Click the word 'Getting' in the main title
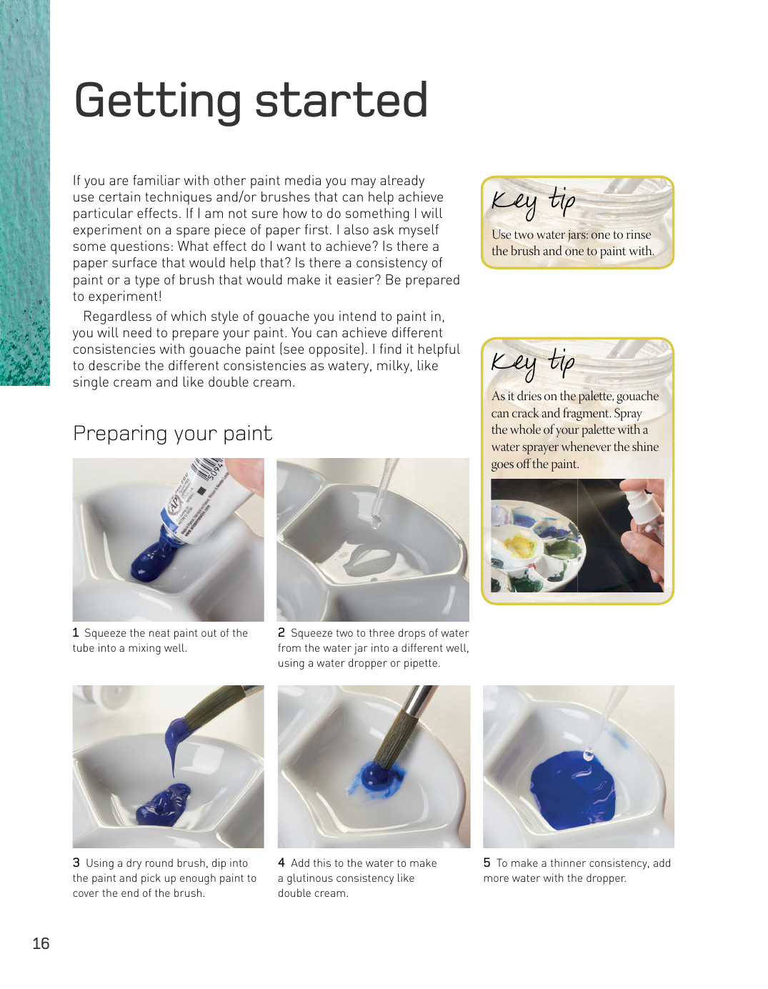pos(157,101)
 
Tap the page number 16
pos(41,943)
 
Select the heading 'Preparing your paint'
pos(172,434)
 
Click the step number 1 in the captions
pos(76,632)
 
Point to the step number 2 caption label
pos(281,632)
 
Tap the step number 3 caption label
pos(76,863)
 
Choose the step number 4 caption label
pos(281,863)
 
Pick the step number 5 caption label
pos(487,863)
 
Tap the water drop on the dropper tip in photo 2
pos(376,522)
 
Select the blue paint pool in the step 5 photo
pos(572,790)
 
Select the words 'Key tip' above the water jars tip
pos(533,201)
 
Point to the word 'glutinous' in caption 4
pos(314,878)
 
